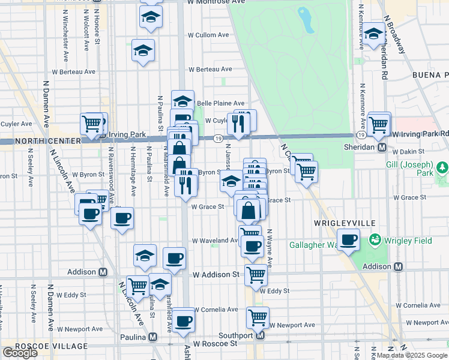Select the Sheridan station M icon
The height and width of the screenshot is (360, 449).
381,147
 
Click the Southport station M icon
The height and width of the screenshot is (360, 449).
260,335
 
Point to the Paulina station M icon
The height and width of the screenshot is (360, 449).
152,337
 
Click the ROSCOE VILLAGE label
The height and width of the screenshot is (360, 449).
43,346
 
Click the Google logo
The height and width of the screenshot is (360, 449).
20,353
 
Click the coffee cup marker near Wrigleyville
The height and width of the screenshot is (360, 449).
348,241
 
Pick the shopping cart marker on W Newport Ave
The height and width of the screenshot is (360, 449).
258,317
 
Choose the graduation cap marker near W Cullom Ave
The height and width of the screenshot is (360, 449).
143,52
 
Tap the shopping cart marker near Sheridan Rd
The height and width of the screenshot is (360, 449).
379,124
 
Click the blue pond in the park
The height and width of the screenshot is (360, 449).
306,20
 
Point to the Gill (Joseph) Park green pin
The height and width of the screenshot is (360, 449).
442,167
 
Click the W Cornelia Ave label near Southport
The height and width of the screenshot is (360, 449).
215,310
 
